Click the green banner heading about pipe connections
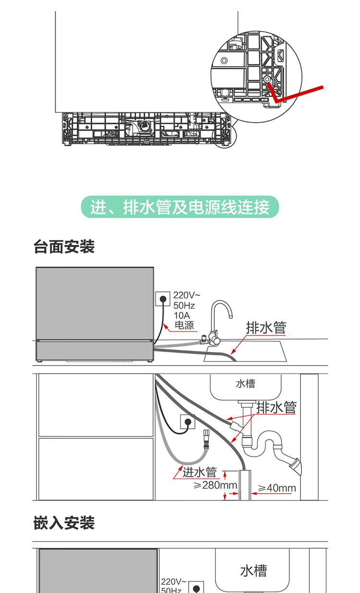coord(180,207)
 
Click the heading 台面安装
coord(64,247)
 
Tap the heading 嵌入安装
coord(64,523)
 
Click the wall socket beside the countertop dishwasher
coord(163,299)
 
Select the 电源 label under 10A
coord(184,325)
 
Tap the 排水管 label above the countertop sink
coord(266,327)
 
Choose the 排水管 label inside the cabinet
coord(276,408)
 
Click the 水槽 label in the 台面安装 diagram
coord(245,384)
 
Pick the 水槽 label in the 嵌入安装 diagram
coord(253,571)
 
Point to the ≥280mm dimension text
coord(216,485)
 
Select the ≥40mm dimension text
coord(277,488)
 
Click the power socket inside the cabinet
coord(187,423)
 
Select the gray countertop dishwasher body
coord(94,312)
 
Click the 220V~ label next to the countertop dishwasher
coord(187,295)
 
